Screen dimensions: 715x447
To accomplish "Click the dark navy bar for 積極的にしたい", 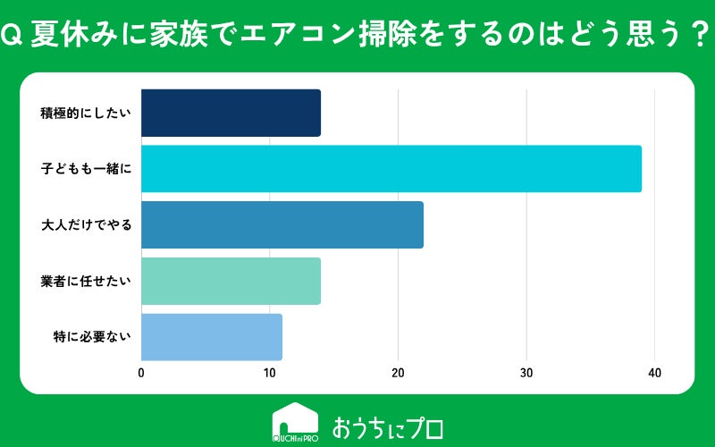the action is click(x=231, y=113).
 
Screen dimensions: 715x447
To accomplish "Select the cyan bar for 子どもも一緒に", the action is click(x=391, y=169).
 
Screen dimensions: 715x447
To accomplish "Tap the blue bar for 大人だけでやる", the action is click(x=282, y=225).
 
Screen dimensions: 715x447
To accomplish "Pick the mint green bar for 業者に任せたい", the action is click(x=231, y=281).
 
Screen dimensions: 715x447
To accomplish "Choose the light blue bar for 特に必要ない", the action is click(x=212, y=337).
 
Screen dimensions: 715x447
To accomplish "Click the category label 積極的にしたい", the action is click(x=86, y=114).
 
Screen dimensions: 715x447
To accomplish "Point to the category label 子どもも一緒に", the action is click(x=86, y=169).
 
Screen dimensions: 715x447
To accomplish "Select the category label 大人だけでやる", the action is click(x=86, y=225).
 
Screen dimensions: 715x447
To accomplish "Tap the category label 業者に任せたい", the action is click(x=86, y=281).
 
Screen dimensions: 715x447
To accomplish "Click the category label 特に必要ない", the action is click(x=92, y=337).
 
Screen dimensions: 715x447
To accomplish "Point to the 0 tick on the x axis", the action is click(x=141, y=373).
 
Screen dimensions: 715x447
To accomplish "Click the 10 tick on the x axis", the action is click(x=270, y=373).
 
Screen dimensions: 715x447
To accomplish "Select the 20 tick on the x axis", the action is click(x=398, y=373).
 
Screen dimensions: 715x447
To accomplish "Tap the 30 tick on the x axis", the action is click(x=526, y=373).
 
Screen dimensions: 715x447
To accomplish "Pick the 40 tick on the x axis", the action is click(x=654, y=373).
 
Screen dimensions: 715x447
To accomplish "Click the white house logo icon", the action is click(x=296, y=422).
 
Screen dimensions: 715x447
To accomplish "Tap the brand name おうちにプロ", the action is click(x=388, y=428).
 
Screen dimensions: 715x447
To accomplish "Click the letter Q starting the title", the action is click(x=12, y=37).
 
